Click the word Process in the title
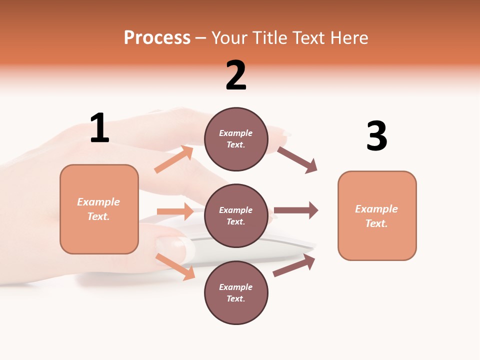157,38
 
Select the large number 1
99,128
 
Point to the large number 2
236,75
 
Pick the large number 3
376,136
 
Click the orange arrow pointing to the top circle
174,159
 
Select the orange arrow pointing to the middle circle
175,211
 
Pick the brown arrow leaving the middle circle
296,210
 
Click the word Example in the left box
98,202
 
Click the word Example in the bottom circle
236,287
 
